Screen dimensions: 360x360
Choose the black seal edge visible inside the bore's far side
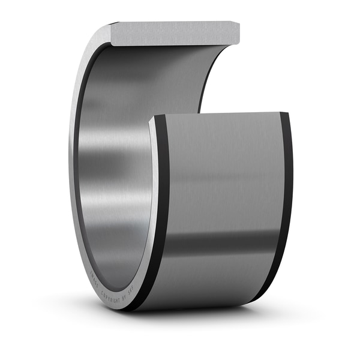207,78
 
